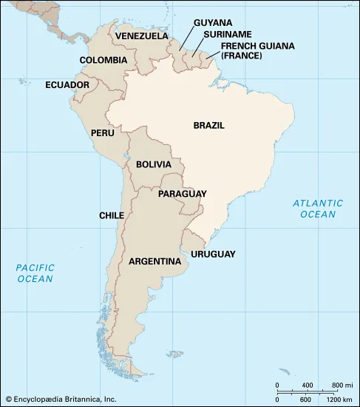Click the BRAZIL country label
click(x=208, y=126)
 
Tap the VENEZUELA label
click(x=142, y=36)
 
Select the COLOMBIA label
click(x=103, y=61)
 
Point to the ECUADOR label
click(x=67, y=85)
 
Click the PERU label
click(x=102, y=132)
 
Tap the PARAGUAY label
click(x=182, y=194)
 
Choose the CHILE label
click(x=112, y=215)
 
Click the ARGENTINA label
click(x=155, y=261)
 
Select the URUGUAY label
click(x=213, y=254)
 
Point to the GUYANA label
click(x=213, y=22)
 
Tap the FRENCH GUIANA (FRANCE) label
click(x=252, y=50)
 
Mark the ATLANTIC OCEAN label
click(x=317, y=208)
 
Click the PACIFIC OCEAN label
click(x=35, y=273)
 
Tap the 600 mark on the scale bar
click(x=305, y=400)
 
